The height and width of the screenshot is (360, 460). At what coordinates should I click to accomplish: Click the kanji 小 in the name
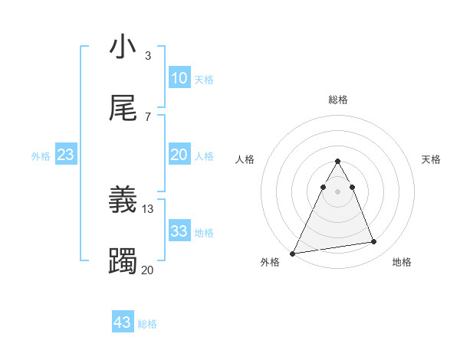pos(123,47)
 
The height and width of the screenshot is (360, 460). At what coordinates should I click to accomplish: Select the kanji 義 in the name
pos(123,200)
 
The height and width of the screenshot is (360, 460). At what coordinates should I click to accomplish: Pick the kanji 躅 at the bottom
pos(123,261)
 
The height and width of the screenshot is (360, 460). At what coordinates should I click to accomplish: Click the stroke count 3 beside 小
pos(148,56)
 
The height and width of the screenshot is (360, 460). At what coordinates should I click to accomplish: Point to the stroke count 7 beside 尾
pos(148,116)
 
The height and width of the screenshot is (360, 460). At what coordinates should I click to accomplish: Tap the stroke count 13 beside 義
pos(148,208)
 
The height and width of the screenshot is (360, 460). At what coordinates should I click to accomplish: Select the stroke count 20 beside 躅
pos(148,270)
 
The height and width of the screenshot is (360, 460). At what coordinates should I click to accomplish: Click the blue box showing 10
pos(179,78)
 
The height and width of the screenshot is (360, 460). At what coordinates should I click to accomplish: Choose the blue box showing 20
pos(179,155)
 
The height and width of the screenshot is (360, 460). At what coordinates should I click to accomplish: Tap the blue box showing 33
pos(179,231)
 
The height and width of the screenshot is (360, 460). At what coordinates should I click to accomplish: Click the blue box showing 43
pos(123,322)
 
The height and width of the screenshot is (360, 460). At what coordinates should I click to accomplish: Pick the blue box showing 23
pos(66,155)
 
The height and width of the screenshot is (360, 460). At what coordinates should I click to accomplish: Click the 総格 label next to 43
pos(147,324)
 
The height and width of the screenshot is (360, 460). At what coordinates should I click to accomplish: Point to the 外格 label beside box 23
pos(41,156)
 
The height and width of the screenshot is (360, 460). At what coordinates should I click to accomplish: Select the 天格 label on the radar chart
pos(432,159)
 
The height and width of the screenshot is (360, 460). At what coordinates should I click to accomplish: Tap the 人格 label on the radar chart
pos(245,159)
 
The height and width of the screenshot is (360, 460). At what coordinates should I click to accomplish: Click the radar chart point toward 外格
pos(293,253)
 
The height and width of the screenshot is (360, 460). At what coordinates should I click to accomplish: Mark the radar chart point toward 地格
pos(374,242)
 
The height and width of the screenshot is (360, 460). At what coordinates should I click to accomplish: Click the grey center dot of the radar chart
pos(337,191)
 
